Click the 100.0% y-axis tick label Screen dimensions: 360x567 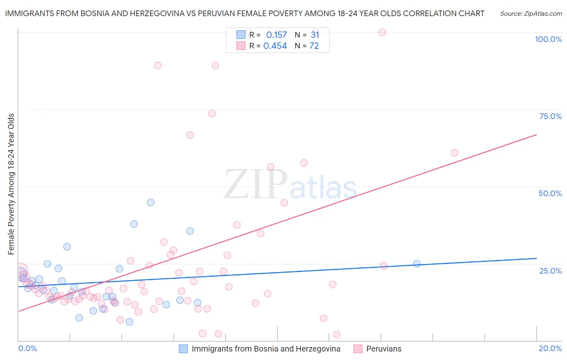(548, 39)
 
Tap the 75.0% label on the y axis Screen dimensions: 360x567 (550, 116)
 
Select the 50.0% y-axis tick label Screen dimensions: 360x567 (550, 193)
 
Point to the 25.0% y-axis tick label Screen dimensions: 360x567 (550, 271)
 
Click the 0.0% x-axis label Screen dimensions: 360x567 (27, 348)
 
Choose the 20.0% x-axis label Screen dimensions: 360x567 (550, 348)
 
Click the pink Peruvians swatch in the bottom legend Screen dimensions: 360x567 (358, 349)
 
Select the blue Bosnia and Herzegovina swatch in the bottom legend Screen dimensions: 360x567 (183, 349)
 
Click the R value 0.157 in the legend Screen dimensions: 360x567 (276, 35)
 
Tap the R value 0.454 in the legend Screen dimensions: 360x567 (275, 46)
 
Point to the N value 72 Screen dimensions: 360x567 (314, 46)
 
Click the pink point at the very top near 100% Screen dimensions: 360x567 (382, 32)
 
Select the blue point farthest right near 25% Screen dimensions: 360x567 (417, 264)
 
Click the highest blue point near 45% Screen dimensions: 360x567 (150, 202)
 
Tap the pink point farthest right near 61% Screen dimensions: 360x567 (454, 153)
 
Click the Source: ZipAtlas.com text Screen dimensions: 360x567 (531, 14)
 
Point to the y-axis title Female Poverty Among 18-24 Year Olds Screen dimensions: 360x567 (11, 184)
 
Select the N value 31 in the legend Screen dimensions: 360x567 (315, 35)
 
